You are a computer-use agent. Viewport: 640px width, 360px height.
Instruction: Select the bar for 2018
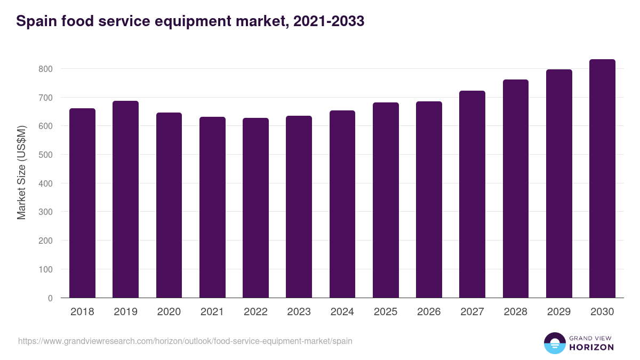[82, 203]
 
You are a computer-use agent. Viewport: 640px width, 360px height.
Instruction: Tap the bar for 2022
[255, 208]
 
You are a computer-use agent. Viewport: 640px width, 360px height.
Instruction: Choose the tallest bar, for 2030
[602, 179]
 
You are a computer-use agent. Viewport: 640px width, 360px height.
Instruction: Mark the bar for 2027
[472, 194]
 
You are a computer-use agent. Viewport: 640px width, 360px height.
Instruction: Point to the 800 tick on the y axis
[45, 69]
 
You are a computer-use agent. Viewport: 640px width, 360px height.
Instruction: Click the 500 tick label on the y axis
[45, 155]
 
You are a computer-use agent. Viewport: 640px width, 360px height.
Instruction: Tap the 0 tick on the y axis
[50, 298]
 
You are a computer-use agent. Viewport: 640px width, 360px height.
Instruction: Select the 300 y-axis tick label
[45, 212]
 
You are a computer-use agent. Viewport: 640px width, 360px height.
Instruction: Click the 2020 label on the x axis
[169, 312]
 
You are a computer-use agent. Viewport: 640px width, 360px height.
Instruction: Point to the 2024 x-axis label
[342, 312]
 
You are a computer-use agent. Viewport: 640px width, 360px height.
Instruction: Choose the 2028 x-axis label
[515, 312]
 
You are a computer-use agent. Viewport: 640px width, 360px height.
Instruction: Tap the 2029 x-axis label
[559, 312]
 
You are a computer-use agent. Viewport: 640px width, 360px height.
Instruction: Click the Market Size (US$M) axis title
[21, 172]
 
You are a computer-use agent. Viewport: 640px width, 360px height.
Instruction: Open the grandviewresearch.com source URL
[185, 341]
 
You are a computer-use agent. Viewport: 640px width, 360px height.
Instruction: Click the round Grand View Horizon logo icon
[555, 343]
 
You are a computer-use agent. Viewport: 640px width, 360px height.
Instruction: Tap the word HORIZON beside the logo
[591, 347]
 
